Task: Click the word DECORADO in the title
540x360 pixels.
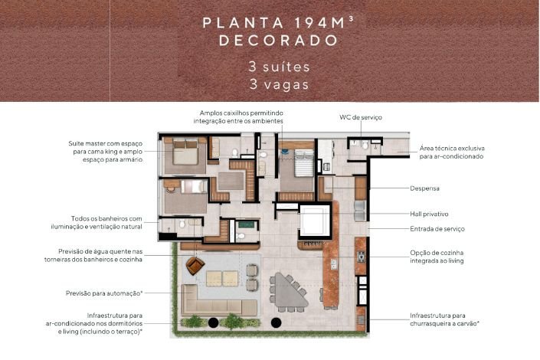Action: pos(278,41)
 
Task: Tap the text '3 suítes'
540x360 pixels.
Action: pos(280,67)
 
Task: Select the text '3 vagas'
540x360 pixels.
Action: pos(280,84)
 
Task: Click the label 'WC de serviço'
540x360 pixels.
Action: pos(361,117)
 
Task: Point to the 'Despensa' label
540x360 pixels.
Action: pos(424,188)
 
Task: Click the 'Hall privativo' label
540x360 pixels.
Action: pos(429,214)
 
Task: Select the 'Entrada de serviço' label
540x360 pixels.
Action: pos(437,229)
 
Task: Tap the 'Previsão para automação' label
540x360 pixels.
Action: pos(104,293)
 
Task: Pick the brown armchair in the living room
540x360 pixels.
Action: pos(195,266)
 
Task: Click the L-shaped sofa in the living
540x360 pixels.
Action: pos(218,302)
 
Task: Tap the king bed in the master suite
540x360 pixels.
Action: pos(185,152)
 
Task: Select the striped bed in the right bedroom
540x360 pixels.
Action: pos(304,162)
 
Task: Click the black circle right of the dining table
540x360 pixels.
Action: pos(276,322)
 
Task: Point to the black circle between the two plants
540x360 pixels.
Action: pos(213,322)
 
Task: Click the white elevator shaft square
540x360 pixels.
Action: pos(315,221)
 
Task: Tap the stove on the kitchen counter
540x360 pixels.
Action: pos(362,257)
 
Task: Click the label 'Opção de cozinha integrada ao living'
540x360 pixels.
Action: pos(437,257)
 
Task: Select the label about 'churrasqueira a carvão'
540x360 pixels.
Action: pos(444,319)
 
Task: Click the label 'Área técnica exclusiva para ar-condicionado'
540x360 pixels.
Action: pos(452,152)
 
